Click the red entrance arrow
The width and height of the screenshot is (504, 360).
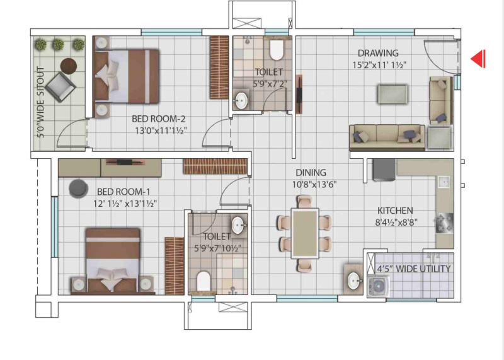click(x=478, y=59)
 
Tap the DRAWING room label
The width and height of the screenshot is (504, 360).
click(x=378, y=53)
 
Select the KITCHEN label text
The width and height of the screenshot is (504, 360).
click(x=395, y=211)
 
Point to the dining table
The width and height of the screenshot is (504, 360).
click(x=305, y=233)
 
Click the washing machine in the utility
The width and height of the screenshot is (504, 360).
click(x=379, y=286)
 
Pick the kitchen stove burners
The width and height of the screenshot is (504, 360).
click(x=445, y=223)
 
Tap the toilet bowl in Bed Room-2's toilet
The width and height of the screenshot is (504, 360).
click(x=277, y=50)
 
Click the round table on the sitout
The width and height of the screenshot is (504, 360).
click(x=69, y=66)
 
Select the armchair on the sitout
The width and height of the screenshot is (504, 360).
click(x=60, y=88)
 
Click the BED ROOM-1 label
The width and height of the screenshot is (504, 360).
click(x=123, y=192)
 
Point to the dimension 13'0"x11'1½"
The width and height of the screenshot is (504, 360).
click(x=161, y=131)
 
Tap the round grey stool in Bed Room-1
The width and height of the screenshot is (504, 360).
click(x=78, y=189)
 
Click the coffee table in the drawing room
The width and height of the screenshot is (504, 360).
click(x=392, y=94)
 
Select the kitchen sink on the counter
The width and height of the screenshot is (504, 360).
click(x=445, y=182)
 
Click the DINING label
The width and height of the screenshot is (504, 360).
click(x=311, y=173)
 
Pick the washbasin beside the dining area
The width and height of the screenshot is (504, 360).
click(x=353, y=280)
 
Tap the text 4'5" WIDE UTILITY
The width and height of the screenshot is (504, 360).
click(x=414, y=269)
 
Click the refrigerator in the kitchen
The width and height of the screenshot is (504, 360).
click(x=384, y=170)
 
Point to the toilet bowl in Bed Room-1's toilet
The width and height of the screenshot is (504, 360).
click(x=203, y=281)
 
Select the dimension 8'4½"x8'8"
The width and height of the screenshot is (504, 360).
click(x=396, y=223)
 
